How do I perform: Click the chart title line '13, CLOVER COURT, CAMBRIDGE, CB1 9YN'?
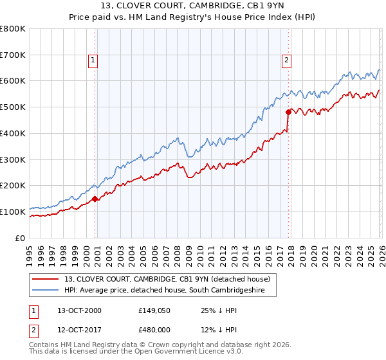point(192,7)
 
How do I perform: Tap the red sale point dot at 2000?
point(95,199)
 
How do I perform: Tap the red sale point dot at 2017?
point(288,112)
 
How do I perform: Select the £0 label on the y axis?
point(20,238)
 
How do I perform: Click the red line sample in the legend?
point(46,279)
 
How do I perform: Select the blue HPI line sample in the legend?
point(46,291)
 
